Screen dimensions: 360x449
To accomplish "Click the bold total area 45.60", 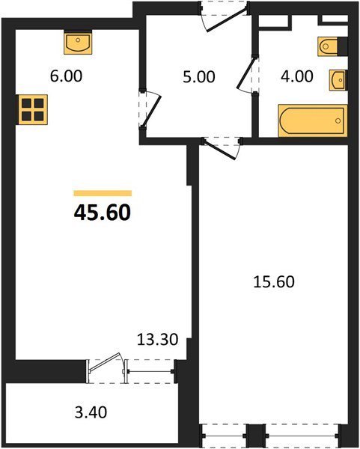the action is coord(103,213).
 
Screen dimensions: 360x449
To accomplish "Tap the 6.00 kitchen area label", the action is coord(66,76).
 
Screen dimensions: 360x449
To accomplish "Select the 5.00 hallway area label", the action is coord(199,77).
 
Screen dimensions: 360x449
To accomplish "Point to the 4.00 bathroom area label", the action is coord(297,76).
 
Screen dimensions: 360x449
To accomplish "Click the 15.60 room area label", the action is coord(274,281).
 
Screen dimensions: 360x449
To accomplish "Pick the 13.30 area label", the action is coord(157,340).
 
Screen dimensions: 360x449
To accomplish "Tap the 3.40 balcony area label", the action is coord(91,412).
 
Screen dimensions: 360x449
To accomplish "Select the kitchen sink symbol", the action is coord(78,43).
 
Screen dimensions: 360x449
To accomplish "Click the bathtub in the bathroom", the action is coord(313,120).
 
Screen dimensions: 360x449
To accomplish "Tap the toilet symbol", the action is coord(329,46).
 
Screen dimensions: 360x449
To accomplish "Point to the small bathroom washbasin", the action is coord(338,80).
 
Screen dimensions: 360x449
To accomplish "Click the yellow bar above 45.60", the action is coord(103,193).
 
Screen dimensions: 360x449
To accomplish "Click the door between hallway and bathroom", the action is coord(247,73).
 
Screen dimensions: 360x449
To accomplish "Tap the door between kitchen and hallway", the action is coord(151,111).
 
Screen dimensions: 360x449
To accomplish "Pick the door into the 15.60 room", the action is coord(221,148).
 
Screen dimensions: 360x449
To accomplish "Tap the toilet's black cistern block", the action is coord(343,46).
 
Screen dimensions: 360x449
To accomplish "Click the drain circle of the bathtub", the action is coord(338,120).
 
